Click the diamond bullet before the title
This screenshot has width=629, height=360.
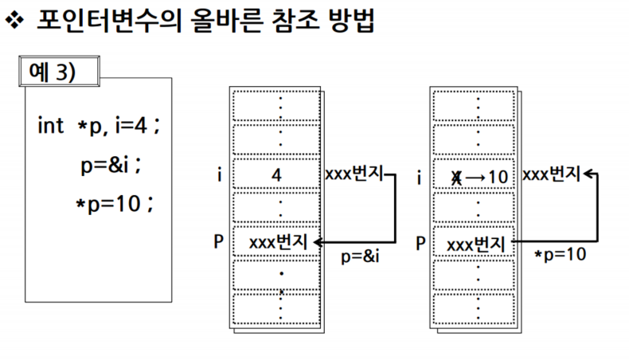click(16, 22)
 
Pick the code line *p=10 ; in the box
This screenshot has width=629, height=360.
click(114, 204)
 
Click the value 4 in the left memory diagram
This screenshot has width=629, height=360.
click(276, 174)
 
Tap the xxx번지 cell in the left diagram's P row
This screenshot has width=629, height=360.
click(278, 241)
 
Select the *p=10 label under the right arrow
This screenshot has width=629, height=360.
click(561, 254)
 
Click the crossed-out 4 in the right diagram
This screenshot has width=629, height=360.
click(456, 175)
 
